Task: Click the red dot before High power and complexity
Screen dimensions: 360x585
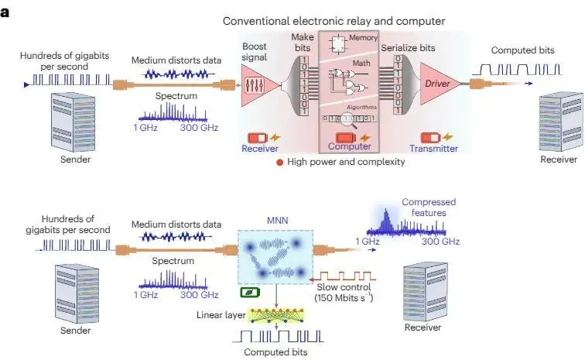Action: [279, 162]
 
